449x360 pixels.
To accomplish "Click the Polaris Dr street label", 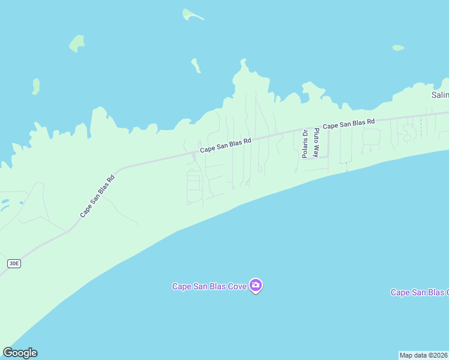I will pos(305,144).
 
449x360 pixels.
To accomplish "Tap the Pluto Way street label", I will pos(316,142).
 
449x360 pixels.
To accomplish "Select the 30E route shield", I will pos(14,263).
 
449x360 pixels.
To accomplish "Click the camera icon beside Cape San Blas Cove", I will pos(256,286).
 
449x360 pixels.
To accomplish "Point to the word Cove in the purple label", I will pos(237,286).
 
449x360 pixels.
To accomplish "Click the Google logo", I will pos(20,353).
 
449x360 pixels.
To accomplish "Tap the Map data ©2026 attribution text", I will pos(424,355).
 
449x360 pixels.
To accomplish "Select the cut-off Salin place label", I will pos(440,95).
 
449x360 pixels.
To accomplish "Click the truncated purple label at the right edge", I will pos(420,292).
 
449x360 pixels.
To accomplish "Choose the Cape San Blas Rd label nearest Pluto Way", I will pos(349,124).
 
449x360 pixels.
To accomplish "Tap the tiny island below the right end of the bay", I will pos(398,47).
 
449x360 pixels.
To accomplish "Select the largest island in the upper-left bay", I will pos(76,43).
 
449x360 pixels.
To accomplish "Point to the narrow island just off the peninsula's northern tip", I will pos(196,65).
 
